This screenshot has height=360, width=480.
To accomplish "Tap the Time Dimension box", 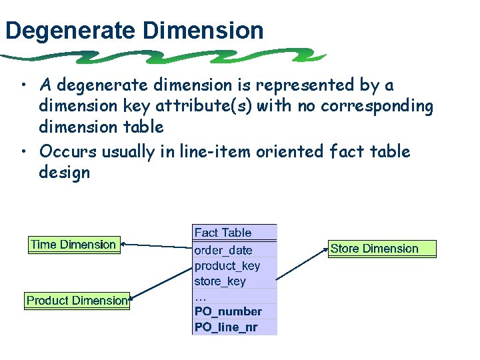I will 73,245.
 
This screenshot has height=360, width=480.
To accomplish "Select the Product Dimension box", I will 77,301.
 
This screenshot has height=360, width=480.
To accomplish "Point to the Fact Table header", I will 233,233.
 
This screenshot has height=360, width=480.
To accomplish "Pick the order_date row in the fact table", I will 233,250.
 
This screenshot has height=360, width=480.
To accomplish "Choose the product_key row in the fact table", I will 233,265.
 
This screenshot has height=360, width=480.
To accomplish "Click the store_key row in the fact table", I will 233,281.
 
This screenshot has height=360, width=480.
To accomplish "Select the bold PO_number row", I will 233,311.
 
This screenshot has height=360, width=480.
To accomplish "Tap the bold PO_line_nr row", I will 233,327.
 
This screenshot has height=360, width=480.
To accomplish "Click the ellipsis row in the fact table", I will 233,296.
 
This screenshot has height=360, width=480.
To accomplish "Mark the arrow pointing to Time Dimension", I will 157,246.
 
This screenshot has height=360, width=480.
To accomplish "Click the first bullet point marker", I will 23,86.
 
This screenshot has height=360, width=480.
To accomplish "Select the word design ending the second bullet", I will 64,173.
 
